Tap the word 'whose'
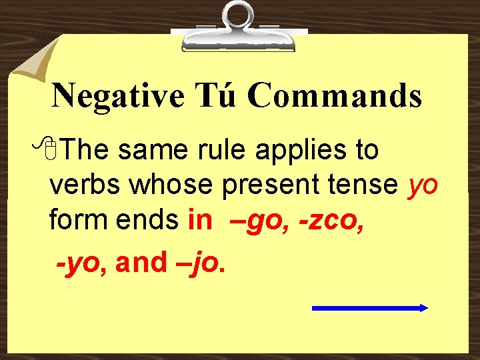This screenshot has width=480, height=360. (171, 185)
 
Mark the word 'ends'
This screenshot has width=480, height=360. (149, 219)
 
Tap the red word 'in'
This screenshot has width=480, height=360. (199, 219)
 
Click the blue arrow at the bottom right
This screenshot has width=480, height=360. (369, 308)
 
